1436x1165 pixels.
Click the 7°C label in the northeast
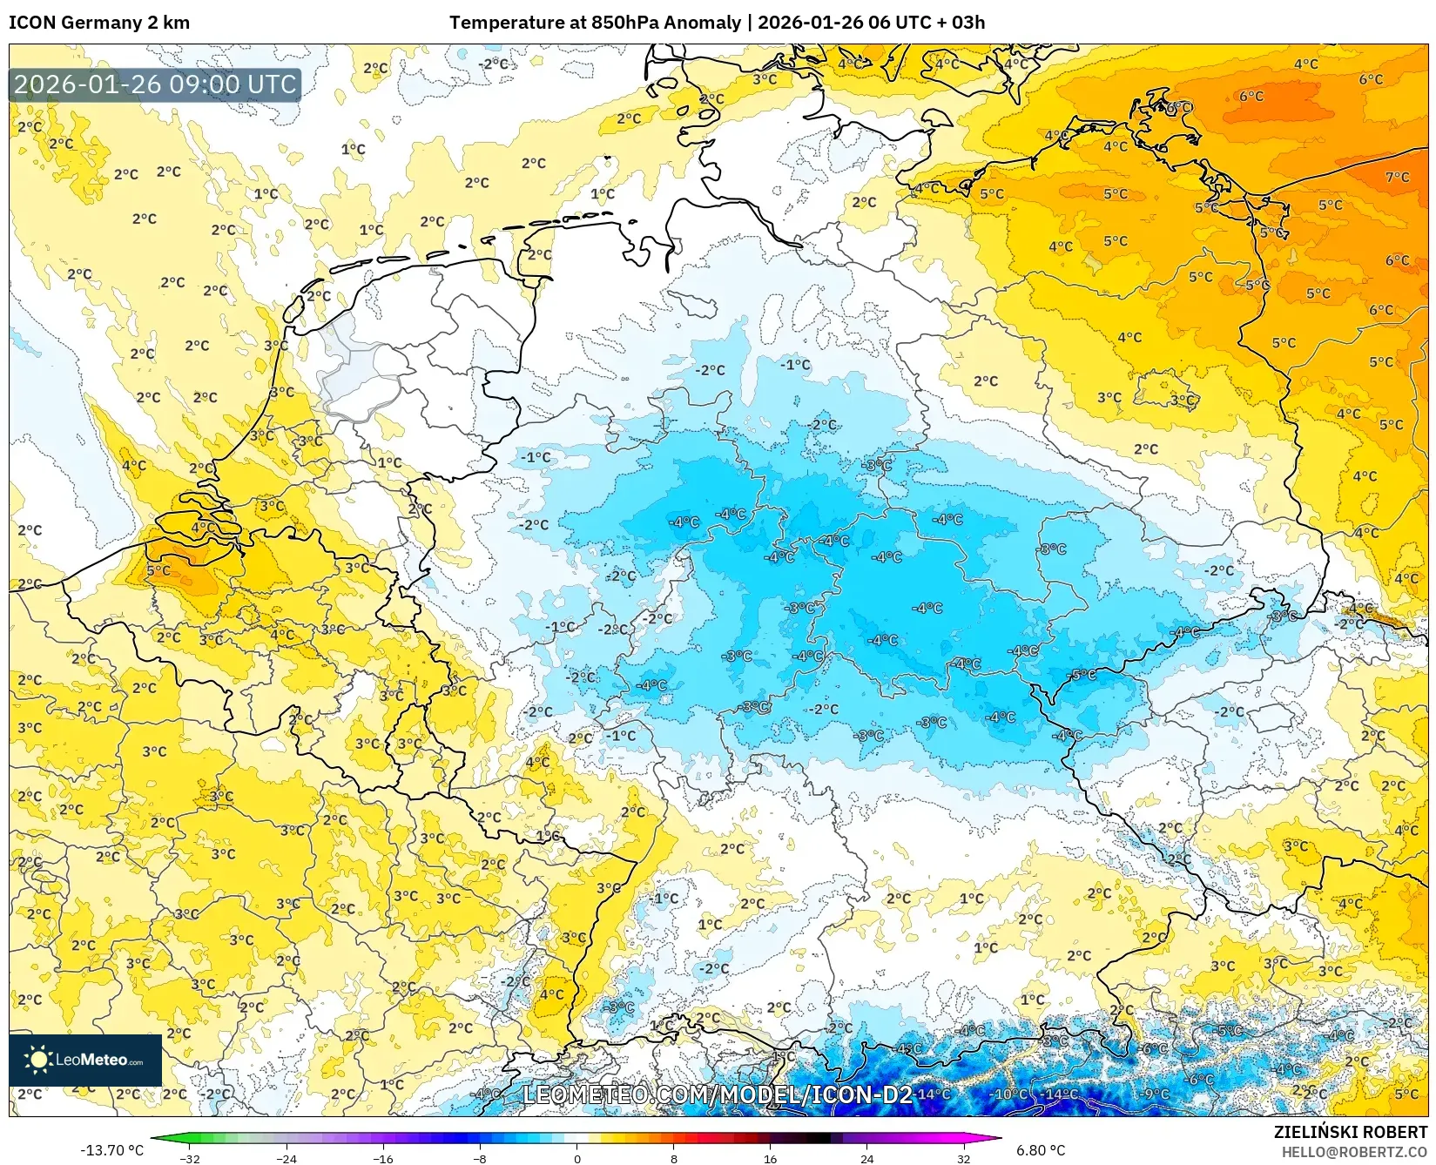[x=1397, y=177]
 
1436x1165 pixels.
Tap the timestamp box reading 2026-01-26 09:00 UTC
[x=155, y=84]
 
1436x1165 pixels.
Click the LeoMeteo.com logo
[x=85, y=1060]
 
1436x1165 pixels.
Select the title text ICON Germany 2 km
[x=99, y=23]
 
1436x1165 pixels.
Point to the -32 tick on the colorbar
[x=190, y=1158]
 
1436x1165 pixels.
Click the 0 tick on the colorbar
[x=576, y=1158]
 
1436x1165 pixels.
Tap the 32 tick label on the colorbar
[x=963, y=1158]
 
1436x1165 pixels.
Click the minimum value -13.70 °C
[x=112, y=1150]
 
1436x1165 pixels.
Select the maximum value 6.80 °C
[x=1041, y=1150]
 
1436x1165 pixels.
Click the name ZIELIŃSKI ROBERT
[x=1350, y=1133]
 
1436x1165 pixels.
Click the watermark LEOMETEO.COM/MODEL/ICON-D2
[x=718, y=1094]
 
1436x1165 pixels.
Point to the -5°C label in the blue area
[x=1083, y=675]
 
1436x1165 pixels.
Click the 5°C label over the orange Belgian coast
[x=158, y=570]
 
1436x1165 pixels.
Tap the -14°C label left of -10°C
[x=933, y=1094]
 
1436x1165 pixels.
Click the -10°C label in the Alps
[x=1010, y=1094]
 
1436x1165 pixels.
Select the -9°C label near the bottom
[x=1156, y=1094]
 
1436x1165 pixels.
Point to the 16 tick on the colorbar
[x=770, y=1158]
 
